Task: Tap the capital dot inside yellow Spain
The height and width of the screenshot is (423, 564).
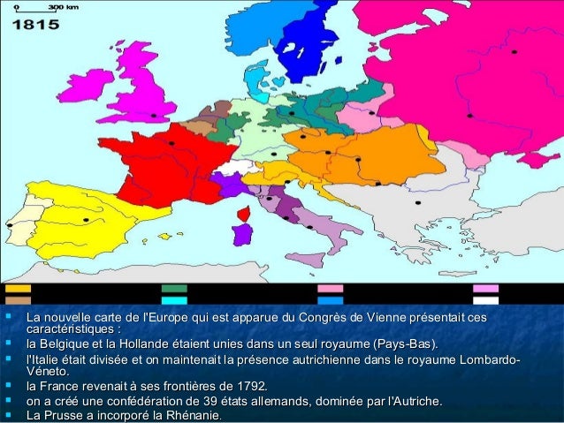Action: pyautogui.click(x=86, y=219)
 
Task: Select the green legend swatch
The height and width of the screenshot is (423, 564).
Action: pyautogui.click(x=174, y=289)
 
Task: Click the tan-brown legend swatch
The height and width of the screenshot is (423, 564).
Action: pyautogui.click(x=18, y=289)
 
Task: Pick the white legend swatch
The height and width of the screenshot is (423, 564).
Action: pyautogui.click(x=485, y=300)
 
